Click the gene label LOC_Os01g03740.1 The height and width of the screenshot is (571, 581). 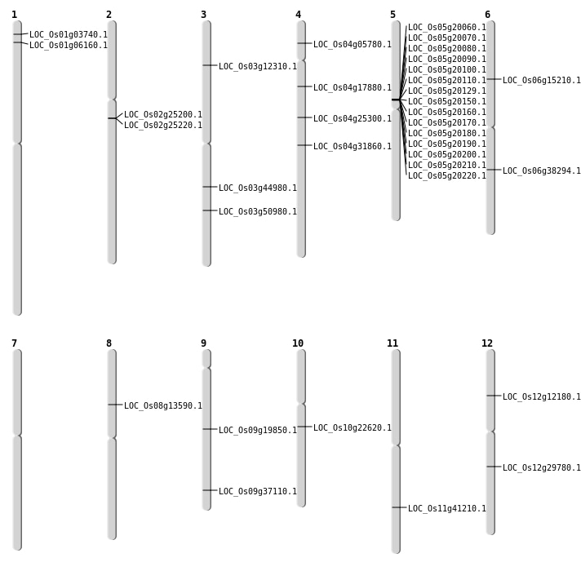pyautogui.click(x=69, y=35)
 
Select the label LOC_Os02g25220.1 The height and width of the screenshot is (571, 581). pyautogui.click(x=163, y=126)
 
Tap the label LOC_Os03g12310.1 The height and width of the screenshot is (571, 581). pyautogui.click(x=258, y=67)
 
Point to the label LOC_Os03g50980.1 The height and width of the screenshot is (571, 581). pyautogui.click(x=258, y=212)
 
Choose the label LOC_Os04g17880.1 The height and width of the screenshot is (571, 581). pyautogui.click(x=353, y=88)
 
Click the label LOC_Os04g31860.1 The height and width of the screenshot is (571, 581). pyautogui.click(x=353, y=147)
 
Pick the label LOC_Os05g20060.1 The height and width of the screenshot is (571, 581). pyautogui.click(x=447, y=28)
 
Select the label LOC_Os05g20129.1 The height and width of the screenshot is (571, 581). pyautogui.click(x=447, y=91)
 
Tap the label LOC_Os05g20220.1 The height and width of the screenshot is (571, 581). pyautogui.click(x=447, y=176)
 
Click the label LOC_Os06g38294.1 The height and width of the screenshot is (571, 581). pyautogui.click(x=542, y=171)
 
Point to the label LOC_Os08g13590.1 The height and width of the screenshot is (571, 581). pyautogui.click(x=163, y=406)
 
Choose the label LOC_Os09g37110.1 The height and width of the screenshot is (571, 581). pyautogui.click(x=258, y=492)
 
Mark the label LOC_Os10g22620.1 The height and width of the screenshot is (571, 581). pyautogui.click(x=353, y=428)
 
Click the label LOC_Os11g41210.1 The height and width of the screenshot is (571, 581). pyautogui.click(x=447, y=509)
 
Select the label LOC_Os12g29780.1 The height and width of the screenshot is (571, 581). pyautogui.click(x=542, y=468)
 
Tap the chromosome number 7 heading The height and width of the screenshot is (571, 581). pyautogui.click(x=14, y=343)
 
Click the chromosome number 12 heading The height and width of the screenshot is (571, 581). pyautogui.click(x=487, y=343)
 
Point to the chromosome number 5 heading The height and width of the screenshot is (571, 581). pyautogui.click(x=393, y=15)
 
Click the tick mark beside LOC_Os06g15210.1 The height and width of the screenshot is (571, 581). pyautogui.click(x=494, y=79)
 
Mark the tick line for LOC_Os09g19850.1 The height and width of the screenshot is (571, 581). pyautogui.click(x=210, y=429)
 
